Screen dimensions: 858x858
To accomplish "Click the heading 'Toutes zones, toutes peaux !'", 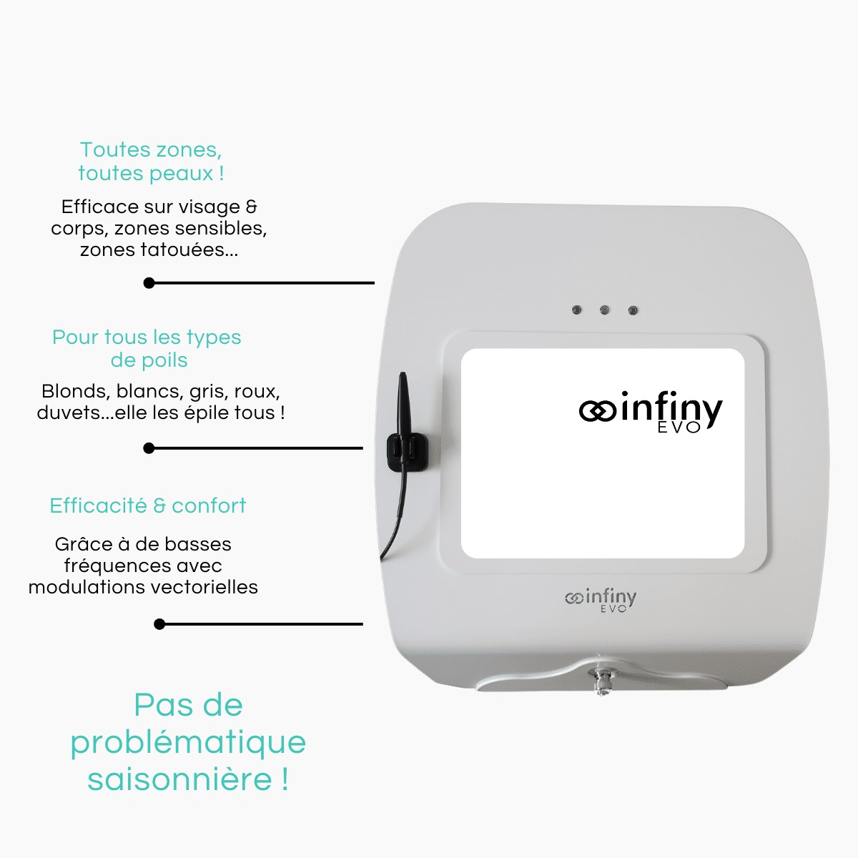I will [x=151, y=162].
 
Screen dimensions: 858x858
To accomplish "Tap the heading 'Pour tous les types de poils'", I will [x=147, y=348].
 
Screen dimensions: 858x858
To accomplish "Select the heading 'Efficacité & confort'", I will [x=148, y=506].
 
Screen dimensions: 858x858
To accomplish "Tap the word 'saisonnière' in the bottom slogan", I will [x=179, y=779].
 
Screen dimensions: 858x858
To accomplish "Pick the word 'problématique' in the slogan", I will [x=188, y=742].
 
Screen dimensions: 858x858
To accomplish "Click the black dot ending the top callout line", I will [x=149, y=283].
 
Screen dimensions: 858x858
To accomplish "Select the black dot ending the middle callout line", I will [x=149, y=448].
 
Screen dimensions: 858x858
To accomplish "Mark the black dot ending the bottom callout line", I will [x=159, y=624].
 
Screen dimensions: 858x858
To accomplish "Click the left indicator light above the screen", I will [x=577, y=310].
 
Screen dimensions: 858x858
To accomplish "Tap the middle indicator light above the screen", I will [x=605, y=310].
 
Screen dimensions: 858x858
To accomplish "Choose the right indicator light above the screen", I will [x=633, y=310].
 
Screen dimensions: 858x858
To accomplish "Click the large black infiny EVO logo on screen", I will [x=651, y=413].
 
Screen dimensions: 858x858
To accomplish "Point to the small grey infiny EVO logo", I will [x=601, y=600].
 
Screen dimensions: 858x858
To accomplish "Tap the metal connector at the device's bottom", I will [x=601, y=679].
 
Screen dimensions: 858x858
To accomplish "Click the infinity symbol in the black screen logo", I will [x=598, y=411].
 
